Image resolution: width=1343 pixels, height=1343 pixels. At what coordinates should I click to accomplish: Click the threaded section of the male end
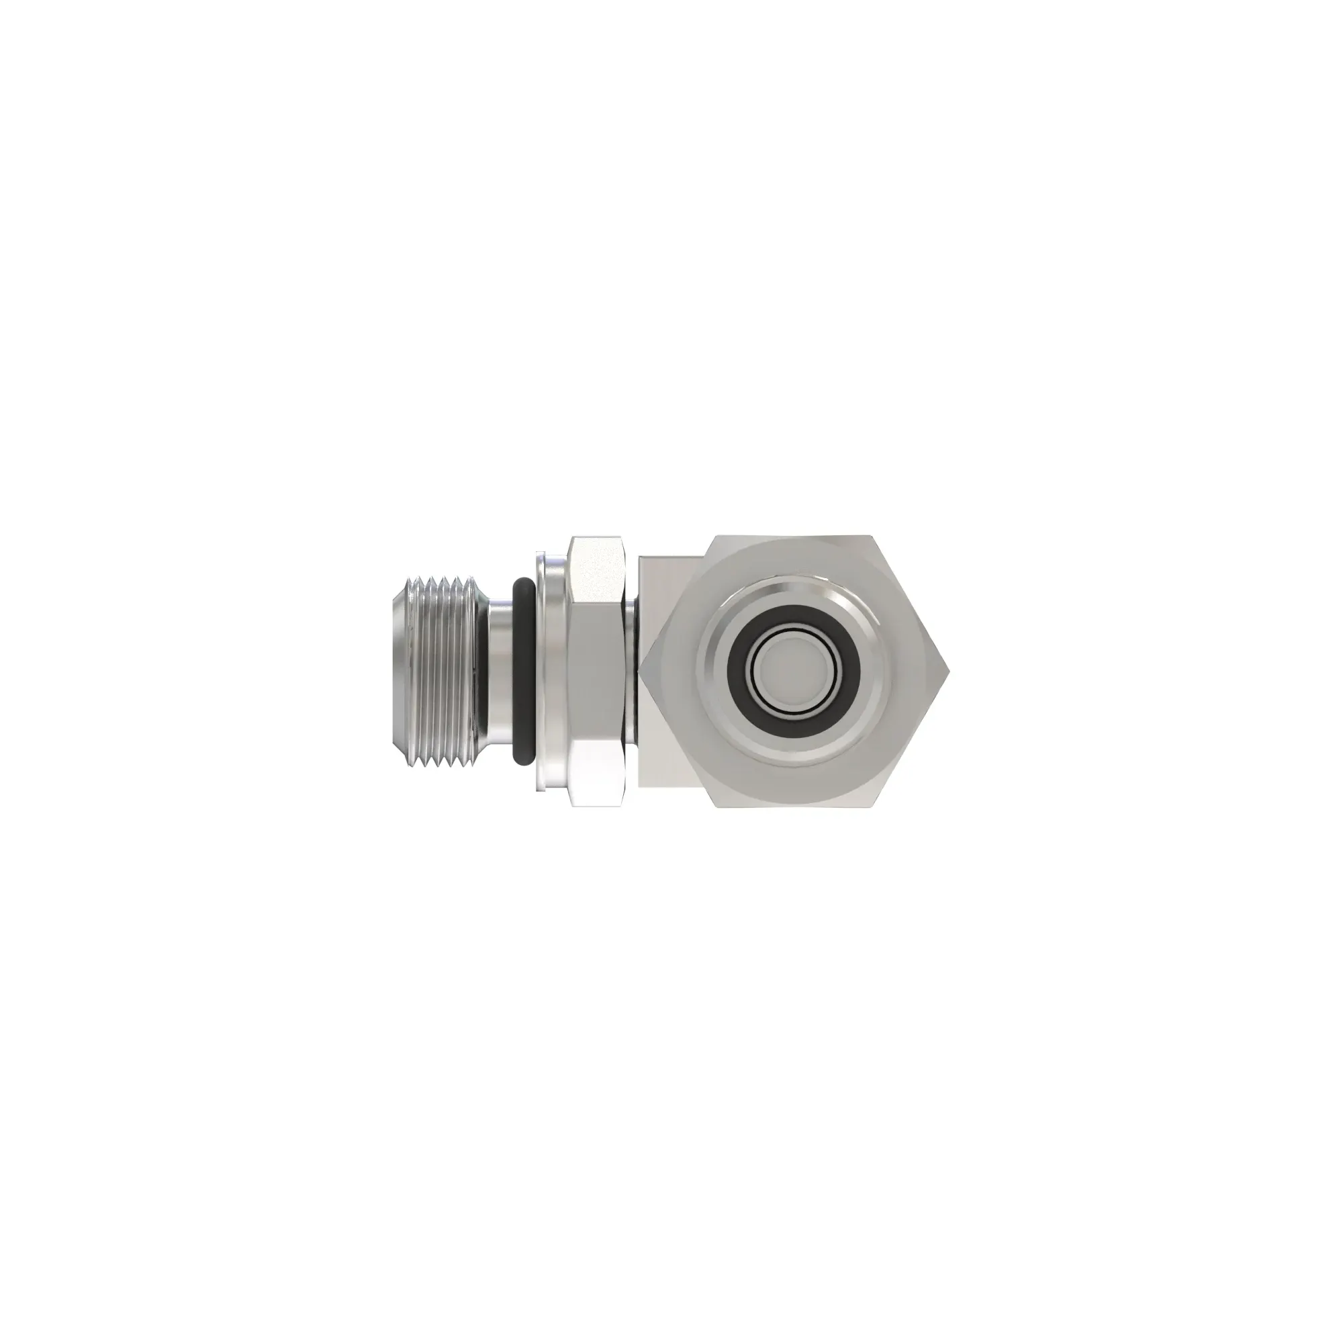coord(442,671)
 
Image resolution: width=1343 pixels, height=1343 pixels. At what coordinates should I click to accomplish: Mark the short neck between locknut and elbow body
coord(634,671)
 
